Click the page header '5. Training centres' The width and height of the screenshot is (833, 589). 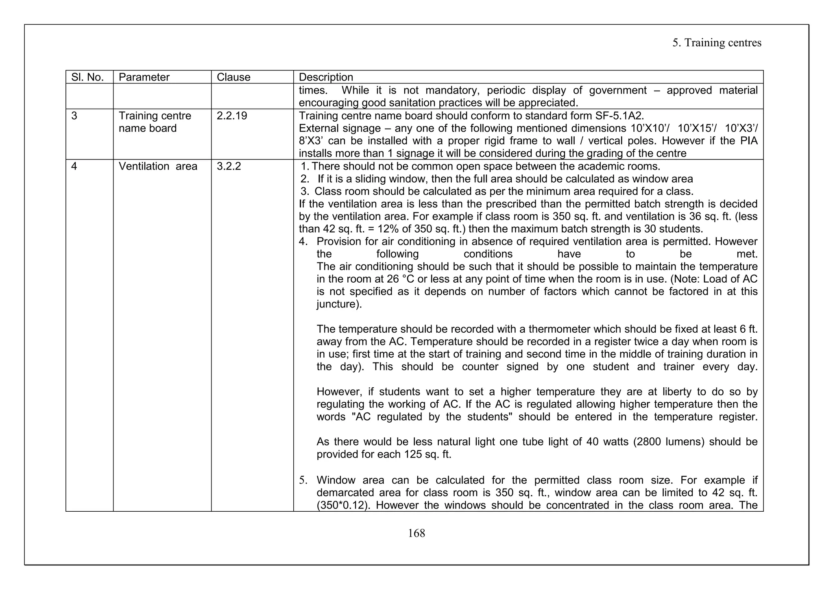717,43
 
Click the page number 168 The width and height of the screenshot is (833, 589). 416,533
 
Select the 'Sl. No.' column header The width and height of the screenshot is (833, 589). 87,77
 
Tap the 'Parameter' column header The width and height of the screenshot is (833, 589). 144,77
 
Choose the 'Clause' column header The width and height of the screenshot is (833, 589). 233,77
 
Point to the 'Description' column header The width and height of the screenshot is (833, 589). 326,77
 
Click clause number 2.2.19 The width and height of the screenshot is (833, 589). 232,116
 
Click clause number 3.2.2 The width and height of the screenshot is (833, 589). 229,166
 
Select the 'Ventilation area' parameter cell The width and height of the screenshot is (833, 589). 158,166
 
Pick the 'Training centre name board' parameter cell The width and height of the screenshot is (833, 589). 155,122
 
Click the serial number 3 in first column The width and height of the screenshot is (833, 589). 74,116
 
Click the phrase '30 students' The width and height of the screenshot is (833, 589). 673,229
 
